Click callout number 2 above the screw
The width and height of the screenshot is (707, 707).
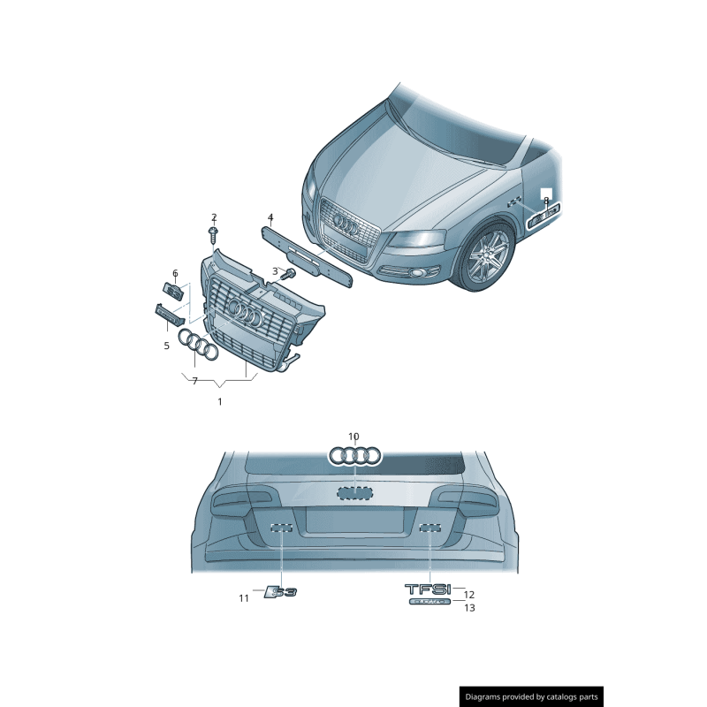(x=213, y=217)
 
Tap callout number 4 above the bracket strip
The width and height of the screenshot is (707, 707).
(x=270, y=217)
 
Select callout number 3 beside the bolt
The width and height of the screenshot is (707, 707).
(x=275, y=271)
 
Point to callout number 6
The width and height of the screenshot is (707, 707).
(x=175, y=273)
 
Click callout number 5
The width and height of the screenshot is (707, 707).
(x=166, y=346)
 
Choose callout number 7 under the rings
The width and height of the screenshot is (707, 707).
(x=194, y=380)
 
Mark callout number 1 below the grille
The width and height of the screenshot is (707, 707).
(x=219, y=401)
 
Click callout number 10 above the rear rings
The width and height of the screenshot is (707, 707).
(x=353, y=437)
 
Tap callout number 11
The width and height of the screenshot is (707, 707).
(x=244, y=598)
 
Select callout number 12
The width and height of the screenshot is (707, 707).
(x=469, y=595)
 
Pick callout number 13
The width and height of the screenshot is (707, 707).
(x=469, y=608)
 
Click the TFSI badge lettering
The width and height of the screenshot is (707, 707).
(x=428, y=589)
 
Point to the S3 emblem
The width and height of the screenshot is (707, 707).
(x=281, y=592)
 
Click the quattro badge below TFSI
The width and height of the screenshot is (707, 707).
(x=430, y=601)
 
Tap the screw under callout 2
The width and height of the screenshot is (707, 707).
(x=213, y=234)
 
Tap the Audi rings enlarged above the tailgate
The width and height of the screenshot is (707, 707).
(x=354, y=455)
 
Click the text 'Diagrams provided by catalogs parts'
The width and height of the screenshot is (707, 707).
(x=532, y=697)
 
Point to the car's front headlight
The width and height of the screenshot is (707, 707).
(x=416, y=239)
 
